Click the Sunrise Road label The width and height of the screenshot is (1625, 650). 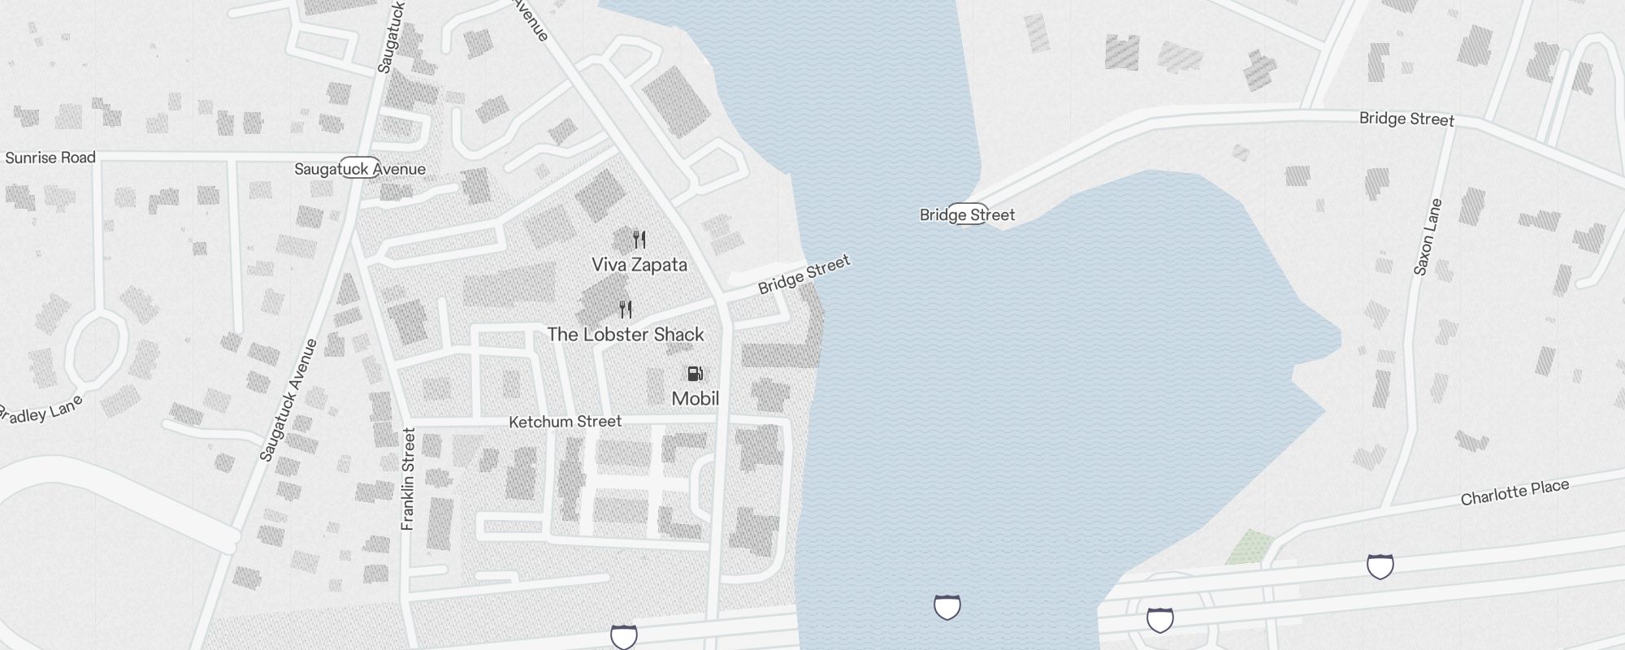(x=50, y=158)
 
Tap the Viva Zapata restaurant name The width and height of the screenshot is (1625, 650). (x=639, y=265)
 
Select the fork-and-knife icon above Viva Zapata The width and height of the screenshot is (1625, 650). (x=639, y=240)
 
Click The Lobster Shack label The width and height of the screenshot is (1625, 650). (x=626, y=335)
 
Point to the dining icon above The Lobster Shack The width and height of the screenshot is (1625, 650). (x=626, y=310)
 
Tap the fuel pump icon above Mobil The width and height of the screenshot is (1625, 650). (x=695, y=374)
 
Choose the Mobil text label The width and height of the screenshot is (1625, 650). (x=695, y=399)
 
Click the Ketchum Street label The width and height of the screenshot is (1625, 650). (x=565, y=422)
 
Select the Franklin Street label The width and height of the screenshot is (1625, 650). (x=409, y=479)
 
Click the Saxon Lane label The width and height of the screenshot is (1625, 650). (x=1428, y=237)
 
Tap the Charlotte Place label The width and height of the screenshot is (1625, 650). (x=1514, y=492)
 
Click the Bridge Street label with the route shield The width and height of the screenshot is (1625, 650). (x=967, y=215)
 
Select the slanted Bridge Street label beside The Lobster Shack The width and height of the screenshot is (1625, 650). (x=804, y=275)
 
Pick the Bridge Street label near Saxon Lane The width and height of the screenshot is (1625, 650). (x=1406, y=119)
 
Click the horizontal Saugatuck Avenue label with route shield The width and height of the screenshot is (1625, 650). (x=360, y=169)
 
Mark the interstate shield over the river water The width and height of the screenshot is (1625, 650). (x=947, y=607)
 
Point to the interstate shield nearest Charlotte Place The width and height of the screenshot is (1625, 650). (x=1380, y=566)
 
